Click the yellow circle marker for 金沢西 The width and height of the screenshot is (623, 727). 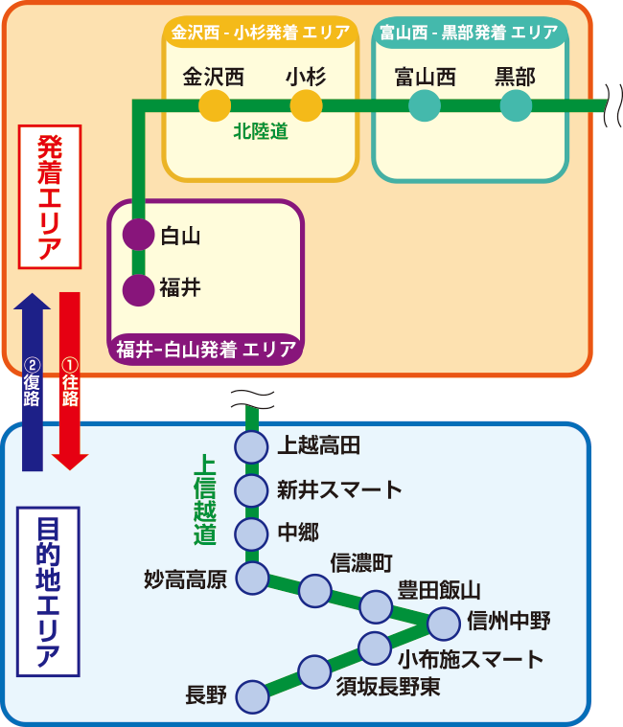coord(215,105)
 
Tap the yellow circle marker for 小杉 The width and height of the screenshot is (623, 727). coord(306,105)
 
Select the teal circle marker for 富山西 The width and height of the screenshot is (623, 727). coord(425,105)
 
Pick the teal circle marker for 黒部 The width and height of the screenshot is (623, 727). coord(516,105)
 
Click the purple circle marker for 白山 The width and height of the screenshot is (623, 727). coord(139,234)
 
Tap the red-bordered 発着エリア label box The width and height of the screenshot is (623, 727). coord(50,196)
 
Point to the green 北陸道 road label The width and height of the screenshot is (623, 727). coord(261,132)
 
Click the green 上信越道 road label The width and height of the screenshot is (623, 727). coord(205,499)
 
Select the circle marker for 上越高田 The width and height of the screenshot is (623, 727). coord(251,446)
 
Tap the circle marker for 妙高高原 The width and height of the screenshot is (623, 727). coord(252,578)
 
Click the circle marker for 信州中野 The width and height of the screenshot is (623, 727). coord(443,624)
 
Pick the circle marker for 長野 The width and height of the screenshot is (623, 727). coord(252,696)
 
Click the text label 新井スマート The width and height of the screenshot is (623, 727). coord(339,489)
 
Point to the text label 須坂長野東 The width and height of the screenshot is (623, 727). coord(388,686)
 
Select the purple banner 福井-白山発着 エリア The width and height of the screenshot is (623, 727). coord(206,349)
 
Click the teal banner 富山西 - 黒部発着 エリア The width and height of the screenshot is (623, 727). coord(469,33)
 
